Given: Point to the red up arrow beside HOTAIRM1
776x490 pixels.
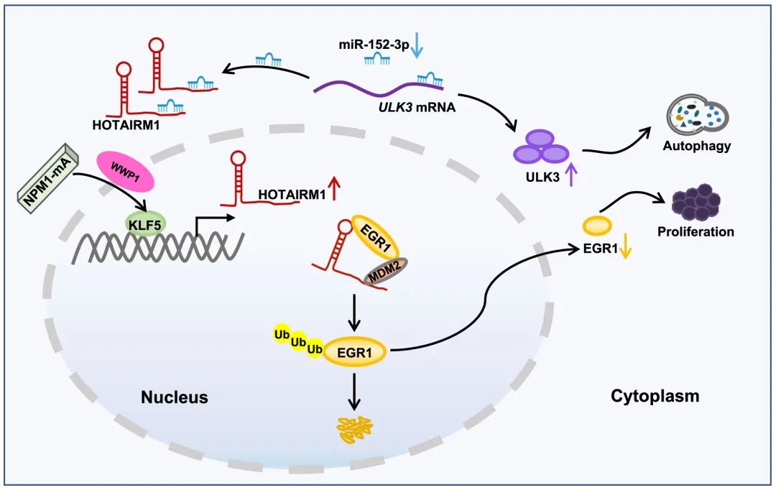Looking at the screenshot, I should click(336, 193).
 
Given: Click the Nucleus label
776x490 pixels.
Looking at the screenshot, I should click(174, 397).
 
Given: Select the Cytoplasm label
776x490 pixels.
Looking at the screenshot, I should click(655, 396).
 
